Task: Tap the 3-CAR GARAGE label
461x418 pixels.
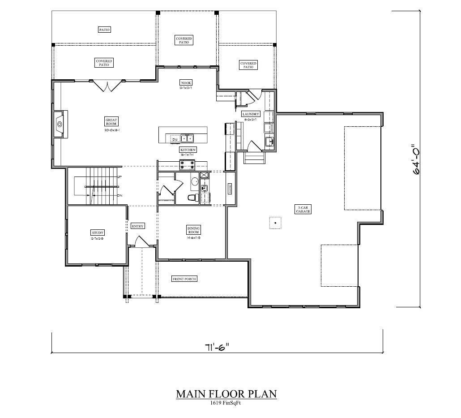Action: [303, 209]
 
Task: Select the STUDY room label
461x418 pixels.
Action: [98, 233]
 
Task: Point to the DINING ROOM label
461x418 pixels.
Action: [193, 230]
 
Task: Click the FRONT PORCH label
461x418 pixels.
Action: [184, 279]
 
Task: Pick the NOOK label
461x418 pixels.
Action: [186, 82]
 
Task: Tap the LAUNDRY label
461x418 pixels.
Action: [251, 114]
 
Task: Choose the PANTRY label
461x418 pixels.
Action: [230, 189]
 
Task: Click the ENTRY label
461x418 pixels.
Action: [138, 226]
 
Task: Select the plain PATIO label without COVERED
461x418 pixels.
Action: [104, 30]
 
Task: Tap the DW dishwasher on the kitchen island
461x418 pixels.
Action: [175, 139]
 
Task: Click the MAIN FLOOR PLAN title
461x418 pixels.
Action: [226, 394]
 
